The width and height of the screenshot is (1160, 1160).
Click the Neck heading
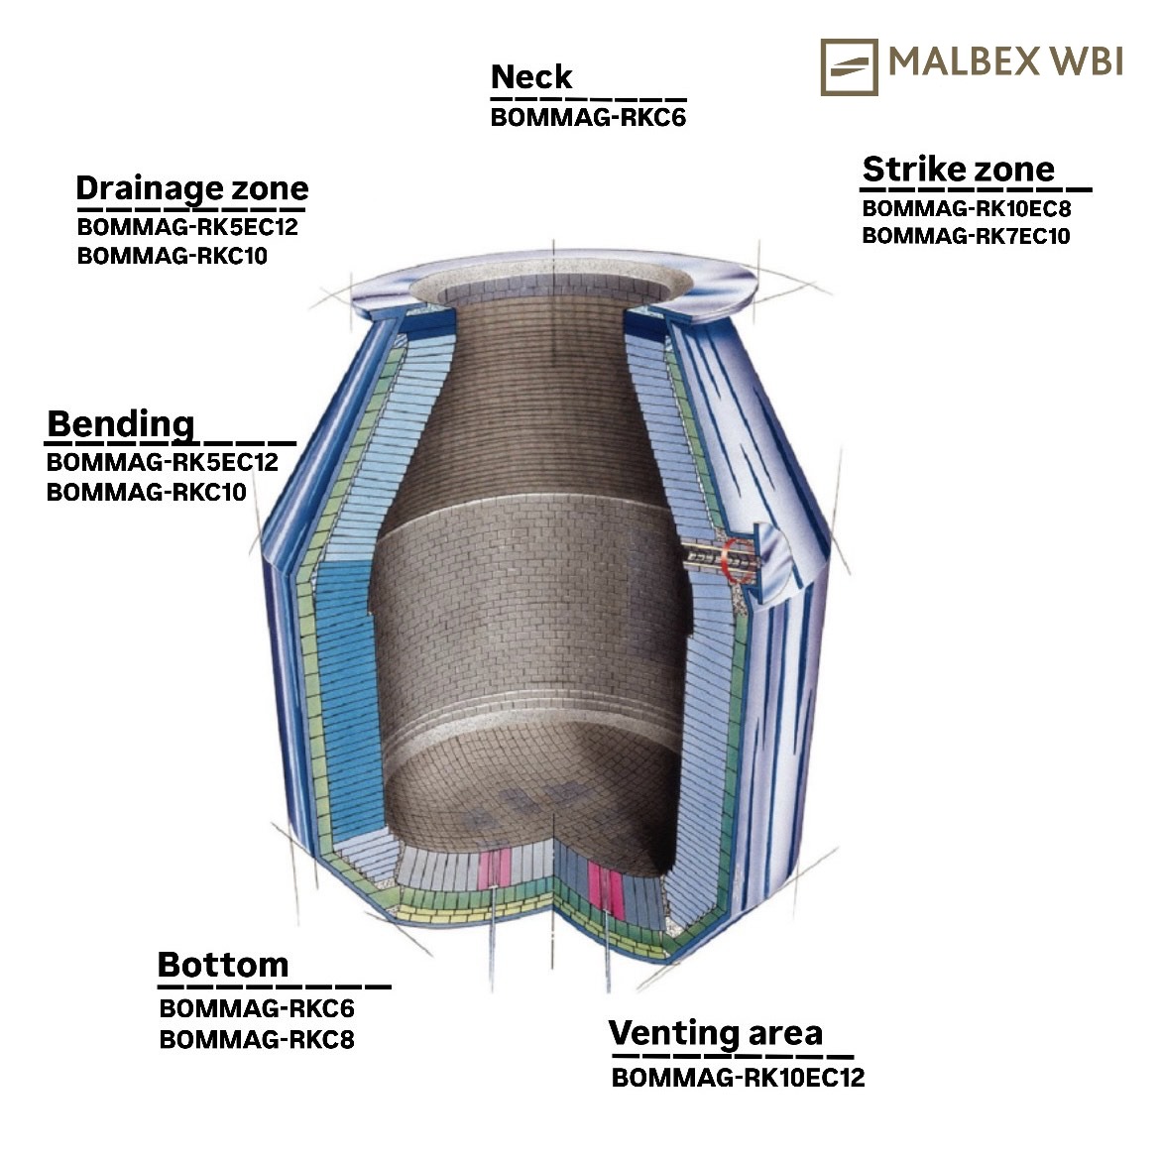click(531, 77)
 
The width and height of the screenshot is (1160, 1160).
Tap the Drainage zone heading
click(192, 189)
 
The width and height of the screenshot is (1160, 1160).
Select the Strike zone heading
click(959, 170)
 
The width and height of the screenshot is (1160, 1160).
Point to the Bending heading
click(121, 424)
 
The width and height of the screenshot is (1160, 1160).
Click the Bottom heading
click(223, 965)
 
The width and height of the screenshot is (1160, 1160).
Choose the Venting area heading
click(716, 1033)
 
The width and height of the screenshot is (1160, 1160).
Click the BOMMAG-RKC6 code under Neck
click(588, 118)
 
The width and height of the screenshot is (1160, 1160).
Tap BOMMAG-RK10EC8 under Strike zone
click(967, 208)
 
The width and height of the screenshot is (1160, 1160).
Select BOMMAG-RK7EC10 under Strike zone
click(967, 236)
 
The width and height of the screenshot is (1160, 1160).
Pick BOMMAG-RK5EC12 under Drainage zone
click(187, 226)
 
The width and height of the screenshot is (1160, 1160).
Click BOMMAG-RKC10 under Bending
click(147, 492)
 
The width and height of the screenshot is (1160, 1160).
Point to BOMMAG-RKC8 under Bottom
click(257, 1039)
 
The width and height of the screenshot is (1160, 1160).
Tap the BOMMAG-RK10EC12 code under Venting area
click(739, 1077)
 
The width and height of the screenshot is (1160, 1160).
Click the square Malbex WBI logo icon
click(850, 67)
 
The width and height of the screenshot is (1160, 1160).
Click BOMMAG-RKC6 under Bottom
click(257, 1008)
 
